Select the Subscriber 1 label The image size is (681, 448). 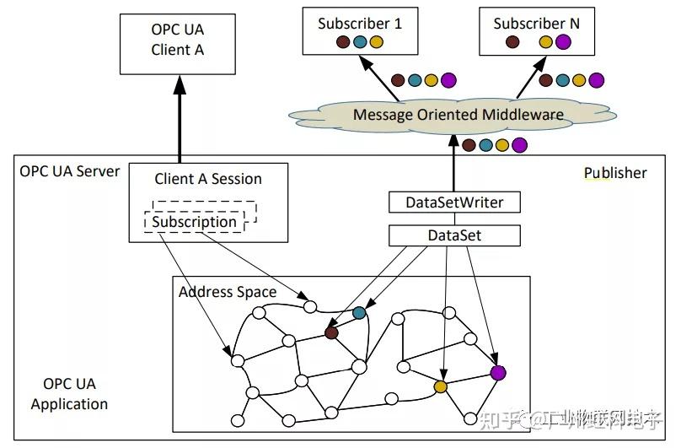(360, 23)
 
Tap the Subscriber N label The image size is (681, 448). (536, 23)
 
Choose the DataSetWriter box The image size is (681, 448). (454, 202)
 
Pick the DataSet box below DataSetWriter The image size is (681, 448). (454, 235)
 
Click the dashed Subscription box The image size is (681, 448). (195, 222)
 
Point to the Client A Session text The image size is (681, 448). (208, 179)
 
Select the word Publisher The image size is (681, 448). (615, 173)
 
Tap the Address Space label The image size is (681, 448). (227, 292)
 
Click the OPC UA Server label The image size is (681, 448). (70, 172)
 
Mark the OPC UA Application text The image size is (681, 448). (69, 394)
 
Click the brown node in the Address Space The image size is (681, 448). (331, 333)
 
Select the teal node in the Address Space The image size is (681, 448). (360, 313)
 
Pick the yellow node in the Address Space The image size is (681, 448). (440, 386)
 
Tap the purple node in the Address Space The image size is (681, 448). (498, 372)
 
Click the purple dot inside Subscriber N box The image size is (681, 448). (563, 42)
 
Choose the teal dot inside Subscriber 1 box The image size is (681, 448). (360, 42)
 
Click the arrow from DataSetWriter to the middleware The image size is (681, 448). (454, 165)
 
